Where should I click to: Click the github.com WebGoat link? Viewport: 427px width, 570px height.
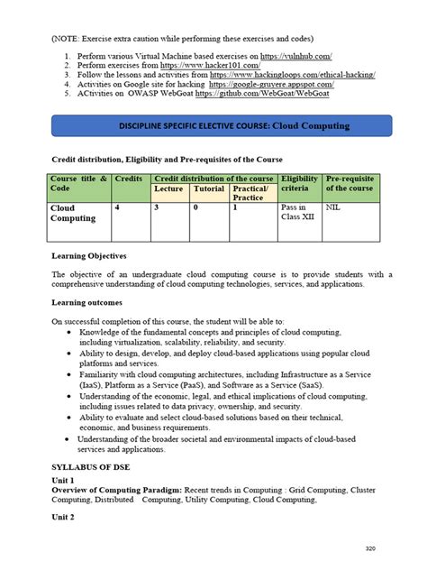282,101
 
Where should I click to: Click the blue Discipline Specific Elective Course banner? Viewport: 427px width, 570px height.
214,125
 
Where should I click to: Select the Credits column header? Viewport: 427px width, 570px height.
130,180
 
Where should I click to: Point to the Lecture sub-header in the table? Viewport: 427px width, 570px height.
168,189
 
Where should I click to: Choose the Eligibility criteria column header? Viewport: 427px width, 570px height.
299,184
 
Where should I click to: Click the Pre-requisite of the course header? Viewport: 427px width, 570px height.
349,184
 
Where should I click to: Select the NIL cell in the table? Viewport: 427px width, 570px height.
334,208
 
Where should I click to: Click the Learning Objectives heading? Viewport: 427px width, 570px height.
88,256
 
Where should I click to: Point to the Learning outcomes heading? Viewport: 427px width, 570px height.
86,303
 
